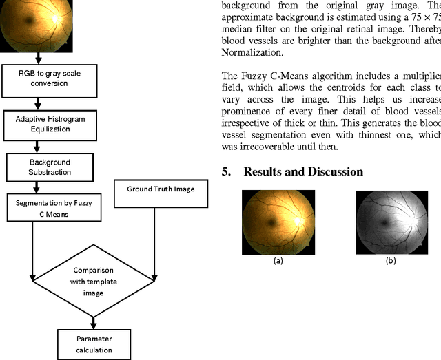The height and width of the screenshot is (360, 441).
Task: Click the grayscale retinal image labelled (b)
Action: pyautogui.click(x=390, y=222)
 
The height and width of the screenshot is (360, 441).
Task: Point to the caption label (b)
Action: pyautogui.click(x=390, y=261)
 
